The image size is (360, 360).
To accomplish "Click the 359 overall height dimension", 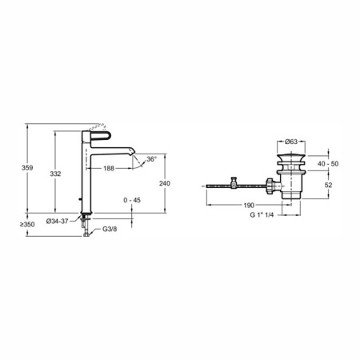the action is pyautogui.click(x=27, y=168).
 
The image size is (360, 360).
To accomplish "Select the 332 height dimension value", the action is pyautogui.click(x=55, y=174).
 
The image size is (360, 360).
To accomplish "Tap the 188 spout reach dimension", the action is pyautogui.click(x=109, y=168).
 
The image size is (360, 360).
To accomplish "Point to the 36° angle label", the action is pyautogui.click(x=151, y=159).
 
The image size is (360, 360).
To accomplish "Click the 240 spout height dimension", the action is pyautogui.click(x=165, y=183).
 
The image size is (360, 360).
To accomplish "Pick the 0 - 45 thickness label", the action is pyautogui.click(x=132, y=200).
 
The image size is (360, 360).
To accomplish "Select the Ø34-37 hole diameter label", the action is pyautogui.click(x=57, y=222).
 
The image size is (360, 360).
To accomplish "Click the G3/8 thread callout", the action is pyautogui.click(x=110, y=229).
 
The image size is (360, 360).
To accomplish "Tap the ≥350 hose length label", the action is pyautogui.click(x=27, y=225).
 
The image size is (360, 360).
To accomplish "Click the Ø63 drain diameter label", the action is pyautogui.click(x=291, y=142).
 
